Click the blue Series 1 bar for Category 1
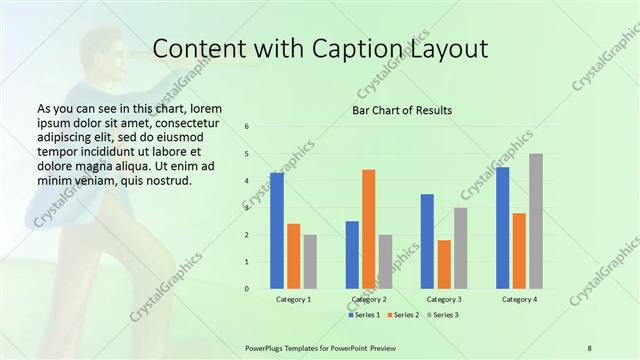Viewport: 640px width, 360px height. [x=277, y=231]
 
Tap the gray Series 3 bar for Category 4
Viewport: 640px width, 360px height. [x=536, y=221]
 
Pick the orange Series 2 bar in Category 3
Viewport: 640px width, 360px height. [x=444, y=264]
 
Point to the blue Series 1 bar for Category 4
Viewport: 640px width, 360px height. [x=502, y=228]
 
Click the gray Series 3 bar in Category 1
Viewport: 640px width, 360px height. [x=310, y=262]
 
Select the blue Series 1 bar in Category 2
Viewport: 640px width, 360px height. [x=352, y=255]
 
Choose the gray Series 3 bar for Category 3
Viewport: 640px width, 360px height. [x=460, y=248]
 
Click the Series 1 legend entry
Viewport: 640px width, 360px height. [x=364, y=315]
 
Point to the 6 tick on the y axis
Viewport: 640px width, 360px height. [x=247, y=127]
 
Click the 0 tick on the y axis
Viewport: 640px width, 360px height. [x=247, y=289]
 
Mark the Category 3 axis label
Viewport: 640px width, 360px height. [x=444, y=299]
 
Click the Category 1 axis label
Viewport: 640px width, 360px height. [x=293, y=299]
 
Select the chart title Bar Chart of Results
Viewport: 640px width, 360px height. [x=403, y=109]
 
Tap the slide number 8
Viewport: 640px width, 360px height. [x=589, y=347]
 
